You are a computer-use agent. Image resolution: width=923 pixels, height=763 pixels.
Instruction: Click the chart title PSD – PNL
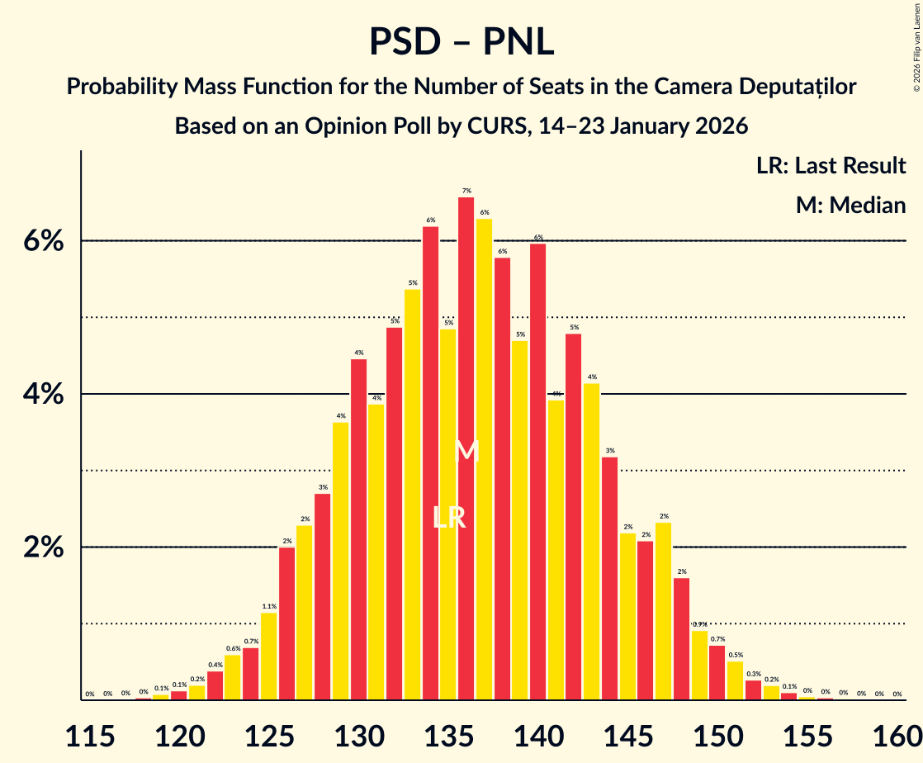point(461,41)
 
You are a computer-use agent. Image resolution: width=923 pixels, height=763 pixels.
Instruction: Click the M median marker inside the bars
point(466,451)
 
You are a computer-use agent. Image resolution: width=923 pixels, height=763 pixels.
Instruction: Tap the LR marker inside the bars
point(449,518)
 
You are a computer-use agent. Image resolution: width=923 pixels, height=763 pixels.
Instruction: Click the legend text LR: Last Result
point(831,165)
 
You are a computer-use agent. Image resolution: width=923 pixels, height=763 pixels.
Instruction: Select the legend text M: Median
point(850,205)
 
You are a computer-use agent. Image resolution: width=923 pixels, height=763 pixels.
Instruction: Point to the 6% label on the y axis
point(43,241)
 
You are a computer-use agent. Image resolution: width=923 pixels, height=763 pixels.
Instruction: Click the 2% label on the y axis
point(43,547)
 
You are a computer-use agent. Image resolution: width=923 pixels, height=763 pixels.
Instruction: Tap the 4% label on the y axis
point(43,395)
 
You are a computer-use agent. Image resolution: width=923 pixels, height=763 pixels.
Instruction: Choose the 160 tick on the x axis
point(897,732)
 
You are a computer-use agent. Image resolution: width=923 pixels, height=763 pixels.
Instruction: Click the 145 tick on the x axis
point(627,732)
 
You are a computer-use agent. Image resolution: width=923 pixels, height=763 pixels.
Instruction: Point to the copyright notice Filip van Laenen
point(916,46)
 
